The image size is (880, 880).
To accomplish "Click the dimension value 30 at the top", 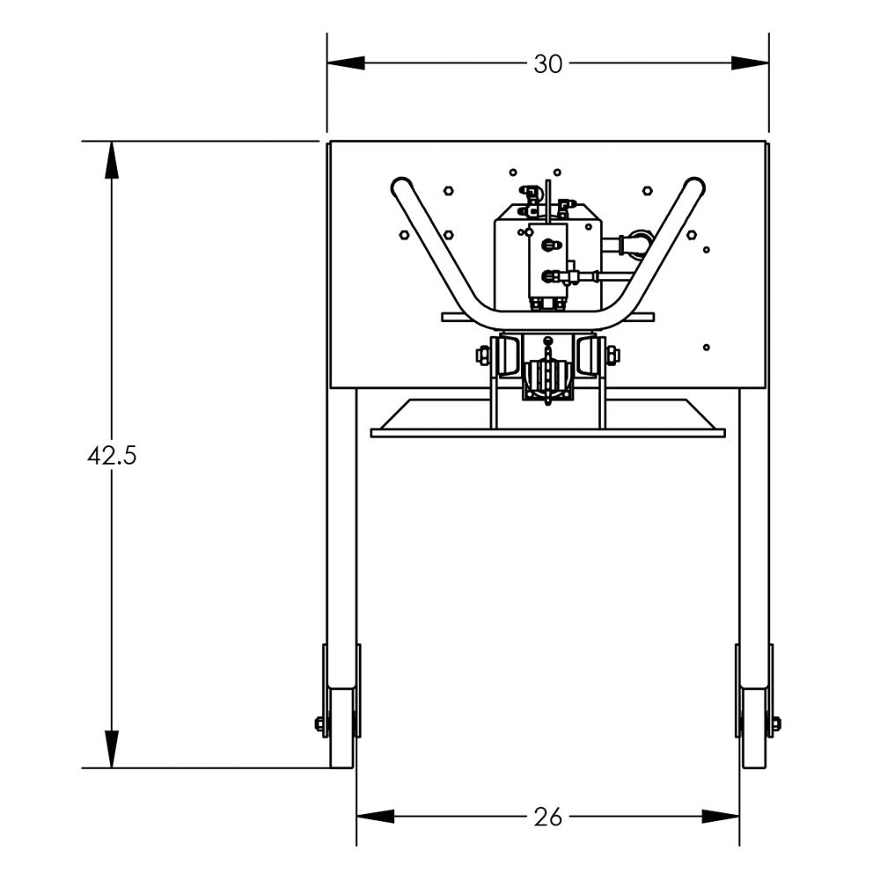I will [x=547, y=64].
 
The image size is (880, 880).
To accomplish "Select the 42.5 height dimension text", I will [x=112, y=456].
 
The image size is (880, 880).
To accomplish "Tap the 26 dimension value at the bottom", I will [x=547, y=818].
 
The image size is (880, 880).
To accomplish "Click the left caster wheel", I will [x=341, y=727].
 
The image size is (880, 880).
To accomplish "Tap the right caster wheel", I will [x=754, y=727].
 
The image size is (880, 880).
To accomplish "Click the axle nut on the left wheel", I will [x=320, y=724].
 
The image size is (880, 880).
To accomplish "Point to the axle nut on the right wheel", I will [x=775, y=724].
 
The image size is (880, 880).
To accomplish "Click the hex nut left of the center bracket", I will [x=483, y=356].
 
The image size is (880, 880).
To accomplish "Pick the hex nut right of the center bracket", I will [x=612, y=356].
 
